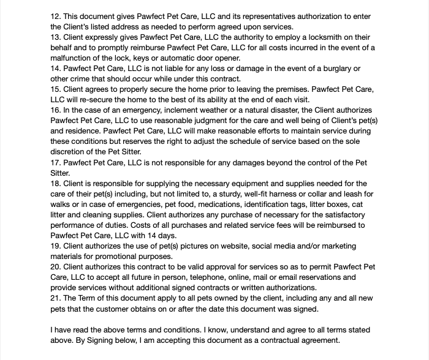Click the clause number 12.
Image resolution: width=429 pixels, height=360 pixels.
point(55,16)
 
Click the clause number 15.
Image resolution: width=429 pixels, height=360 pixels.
point(55,89)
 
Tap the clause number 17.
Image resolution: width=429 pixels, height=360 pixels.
point(55,162)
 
